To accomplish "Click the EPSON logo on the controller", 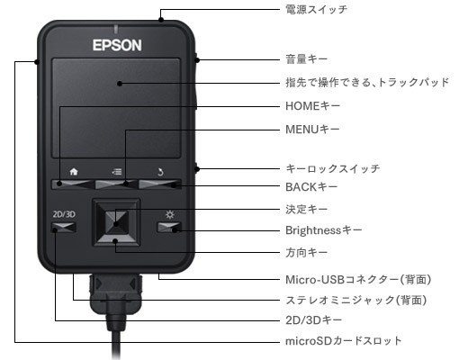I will (117, 42).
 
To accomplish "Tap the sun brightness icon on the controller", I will (169, 214).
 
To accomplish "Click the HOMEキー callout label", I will (310, 106).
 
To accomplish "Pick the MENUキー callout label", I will (311, 130).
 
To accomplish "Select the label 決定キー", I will (305, 210).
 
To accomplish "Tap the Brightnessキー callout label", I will (323, 230).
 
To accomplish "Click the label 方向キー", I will (305, 252).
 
